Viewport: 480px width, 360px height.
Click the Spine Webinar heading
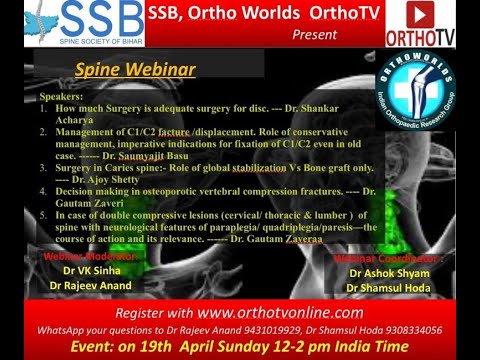click(x=134, y=71)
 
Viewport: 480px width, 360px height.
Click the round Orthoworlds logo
click(x=414, y=91)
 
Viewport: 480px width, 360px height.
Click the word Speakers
click(x=62, y=97)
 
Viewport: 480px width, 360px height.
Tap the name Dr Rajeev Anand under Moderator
click(x=91, y=286)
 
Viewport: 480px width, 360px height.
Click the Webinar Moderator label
click(x=87, y=256)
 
